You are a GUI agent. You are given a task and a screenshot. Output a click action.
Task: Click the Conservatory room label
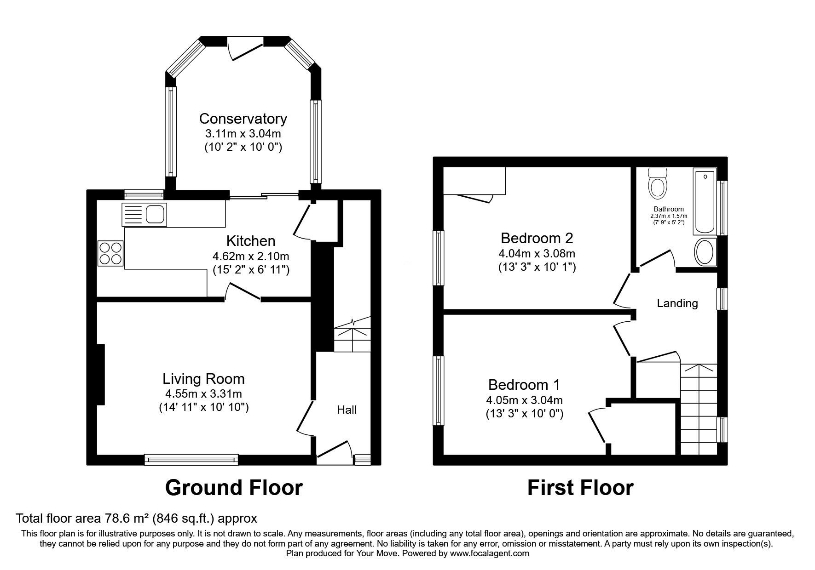click(243, 119)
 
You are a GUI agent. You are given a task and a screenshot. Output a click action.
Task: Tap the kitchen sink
click(144, 214)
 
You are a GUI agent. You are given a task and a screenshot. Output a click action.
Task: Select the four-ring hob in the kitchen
click(110, 253)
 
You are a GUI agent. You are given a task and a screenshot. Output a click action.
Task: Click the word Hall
click(347, 410)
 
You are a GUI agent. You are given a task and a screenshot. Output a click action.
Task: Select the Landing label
click(677, 303)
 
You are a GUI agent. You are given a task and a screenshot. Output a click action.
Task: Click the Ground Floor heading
click(234, 488)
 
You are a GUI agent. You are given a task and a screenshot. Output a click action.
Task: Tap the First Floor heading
click(580, 488)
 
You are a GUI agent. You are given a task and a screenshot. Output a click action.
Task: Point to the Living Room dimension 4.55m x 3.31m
click(203, 393)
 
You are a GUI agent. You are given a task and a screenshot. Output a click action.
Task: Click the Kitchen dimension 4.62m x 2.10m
click(251, 256)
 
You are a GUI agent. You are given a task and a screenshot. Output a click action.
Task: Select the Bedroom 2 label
click(537, 238)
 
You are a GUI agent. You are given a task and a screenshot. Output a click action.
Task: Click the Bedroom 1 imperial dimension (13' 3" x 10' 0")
click(525, 414)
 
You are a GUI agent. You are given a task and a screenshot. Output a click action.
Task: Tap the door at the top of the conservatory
click(246, 48)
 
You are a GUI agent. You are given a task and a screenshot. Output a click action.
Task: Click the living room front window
click(191, 459)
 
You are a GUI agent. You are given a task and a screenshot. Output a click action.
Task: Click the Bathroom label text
click(669, 209)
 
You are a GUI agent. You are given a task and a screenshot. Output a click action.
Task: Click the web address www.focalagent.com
click(490, 553)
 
